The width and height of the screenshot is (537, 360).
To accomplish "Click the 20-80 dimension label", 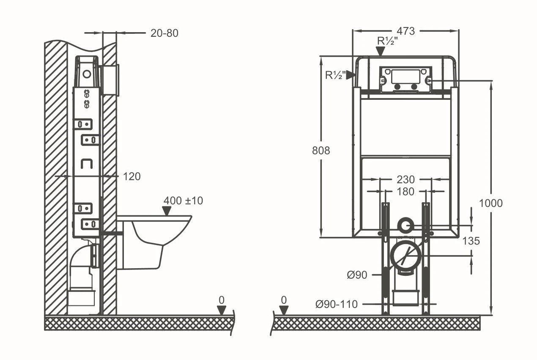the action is click(164, 33).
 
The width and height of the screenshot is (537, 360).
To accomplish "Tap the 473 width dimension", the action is click(405, 31).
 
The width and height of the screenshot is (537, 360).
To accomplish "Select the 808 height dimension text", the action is click(321, 151).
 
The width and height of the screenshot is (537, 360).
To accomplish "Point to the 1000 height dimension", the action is click(491, 203).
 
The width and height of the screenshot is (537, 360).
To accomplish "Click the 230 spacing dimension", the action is click(405, 179).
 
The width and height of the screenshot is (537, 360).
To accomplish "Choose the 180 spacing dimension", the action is click(405, 192).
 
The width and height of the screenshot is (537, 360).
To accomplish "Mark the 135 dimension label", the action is click(471, 241).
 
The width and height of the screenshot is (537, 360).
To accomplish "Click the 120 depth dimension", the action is click(132, 176).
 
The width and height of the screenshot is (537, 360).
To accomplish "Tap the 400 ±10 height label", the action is click(184, 201).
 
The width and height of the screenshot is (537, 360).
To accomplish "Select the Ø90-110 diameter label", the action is click(337, 304).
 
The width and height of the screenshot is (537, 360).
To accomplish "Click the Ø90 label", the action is click(357, 275).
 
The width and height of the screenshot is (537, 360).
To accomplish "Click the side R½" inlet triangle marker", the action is click(351, 75).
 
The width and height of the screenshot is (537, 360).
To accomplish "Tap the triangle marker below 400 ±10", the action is click(167, 211).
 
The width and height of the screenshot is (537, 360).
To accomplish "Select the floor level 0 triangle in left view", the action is click(222, 310).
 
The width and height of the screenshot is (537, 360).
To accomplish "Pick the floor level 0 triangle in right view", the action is click(284, 310).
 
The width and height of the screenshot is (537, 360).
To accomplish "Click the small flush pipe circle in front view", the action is click(405, 225).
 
